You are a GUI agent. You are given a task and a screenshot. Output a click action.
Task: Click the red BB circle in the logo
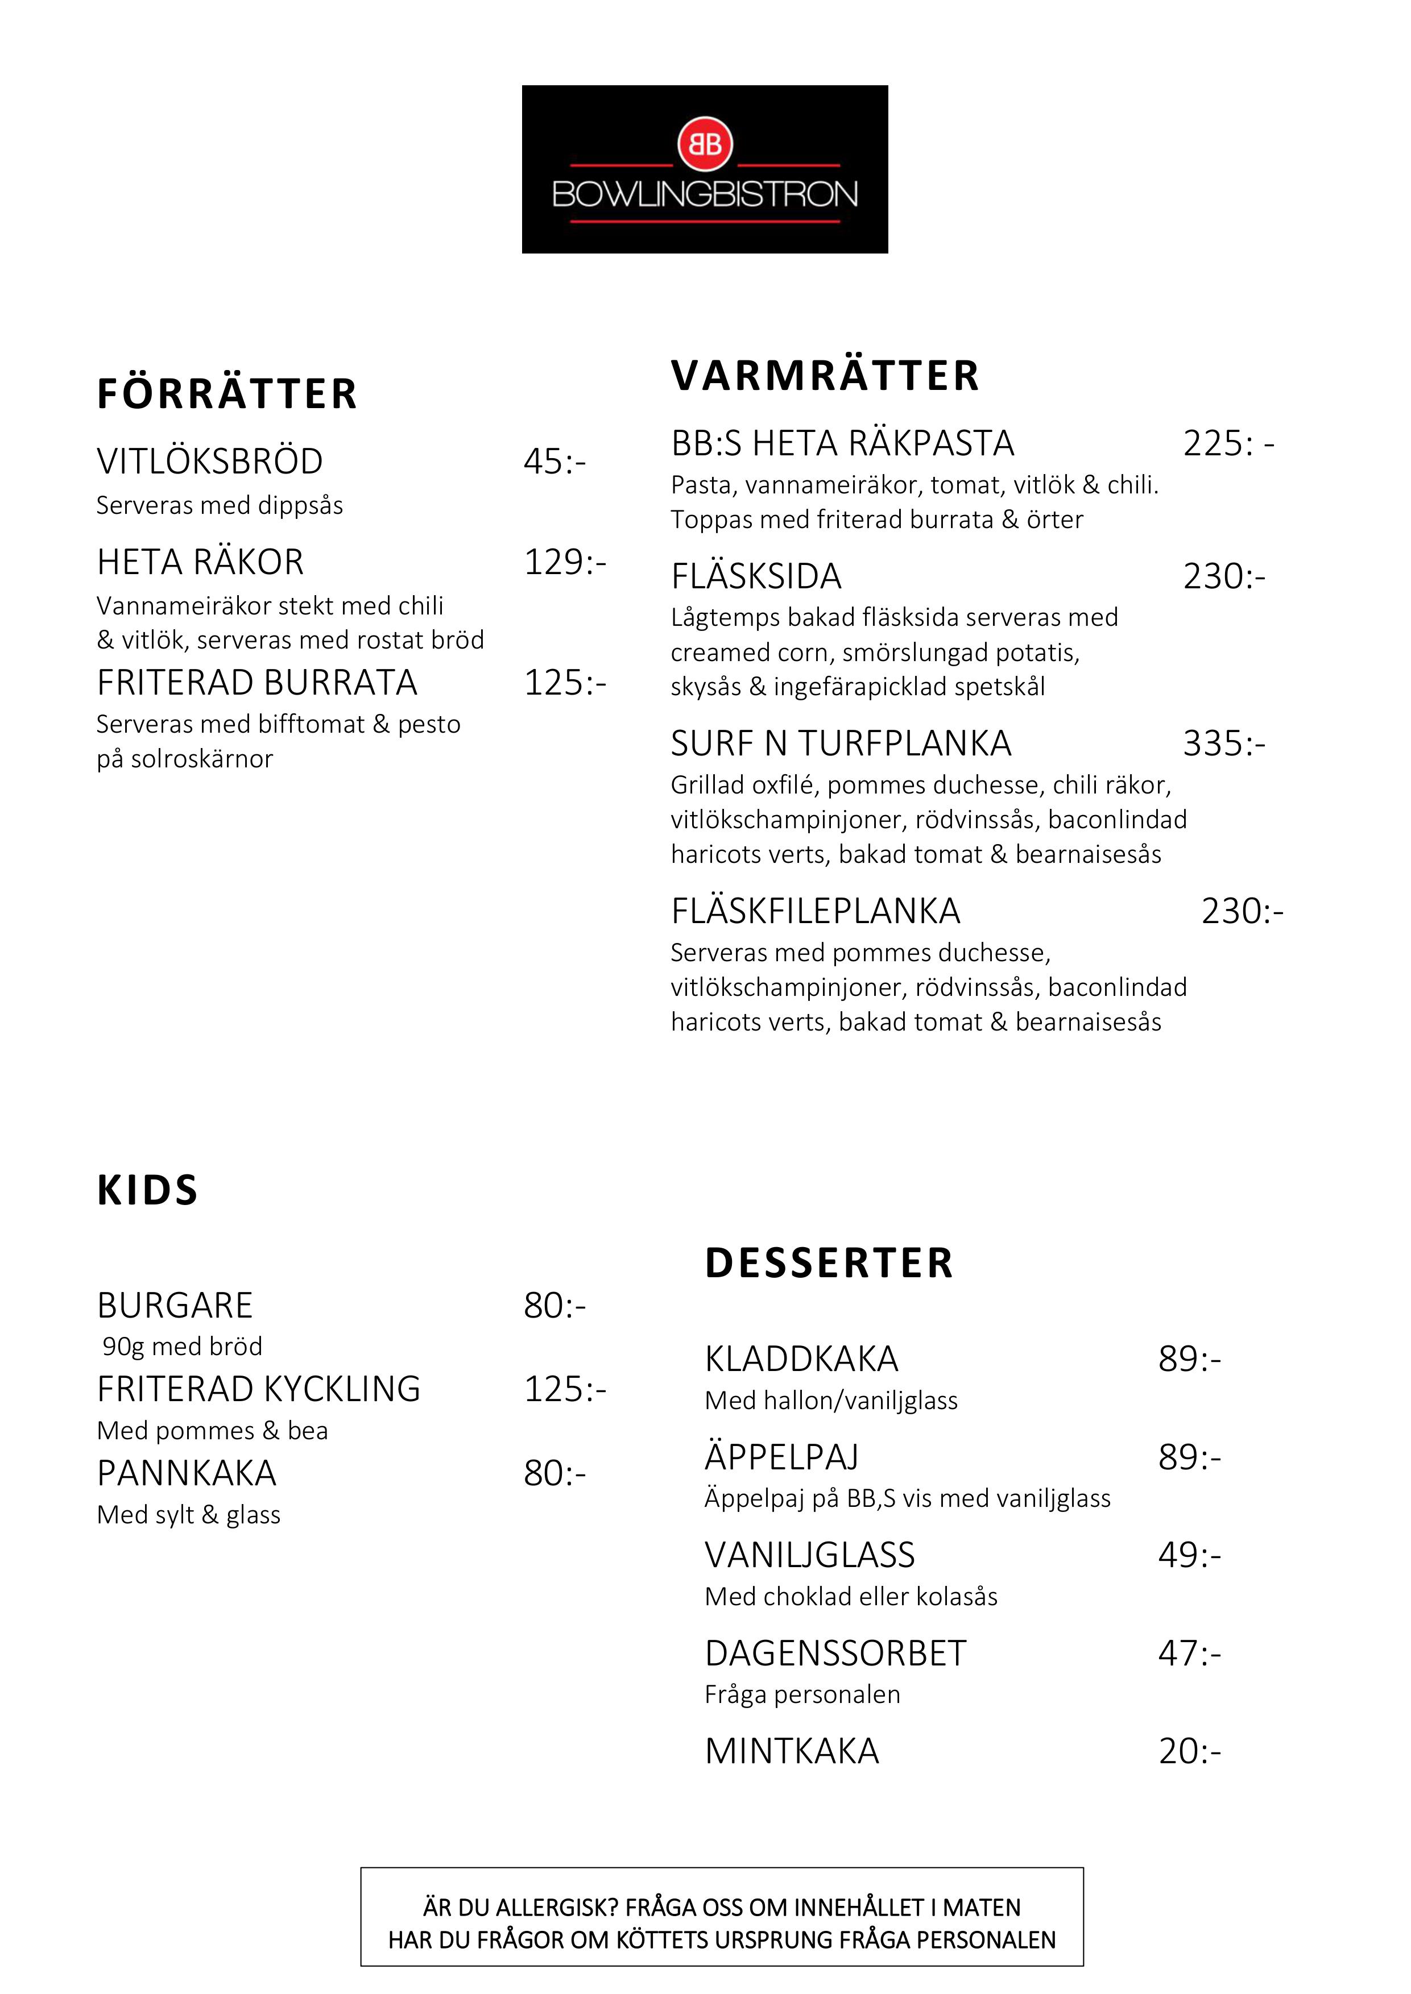(705, 143)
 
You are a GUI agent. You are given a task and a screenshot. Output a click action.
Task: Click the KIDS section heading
(148, 1190)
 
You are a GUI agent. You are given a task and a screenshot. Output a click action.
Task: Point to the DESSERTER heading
(829, 1263)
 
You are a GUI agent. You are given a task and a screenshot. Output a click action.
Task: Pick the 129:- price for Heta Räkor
(565, 562)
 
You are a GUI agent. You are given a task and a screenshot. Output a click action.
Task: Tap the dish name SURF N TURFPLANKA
(841, 743)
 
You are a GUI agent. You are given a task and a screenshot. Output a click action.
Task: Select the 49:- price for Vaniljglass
(1189, 1555)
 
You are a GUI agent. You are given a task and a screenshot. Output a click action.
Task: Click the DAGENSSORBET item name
(835, 1653)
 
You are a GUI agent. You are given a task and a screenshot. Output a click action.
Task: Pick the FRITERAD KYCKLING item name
(259, 1389)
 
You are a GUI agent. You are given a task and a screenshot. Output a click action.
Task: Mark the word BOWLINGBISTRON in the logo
(705, 194)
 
